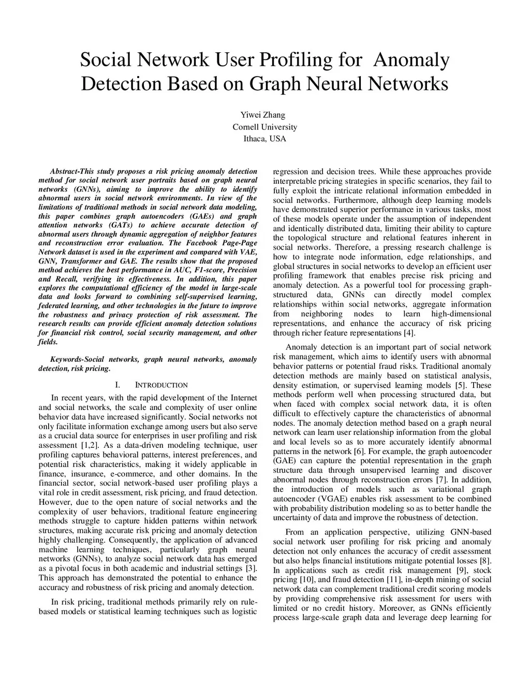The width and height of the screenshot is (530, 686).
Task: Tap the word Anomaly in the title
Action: [411, 61]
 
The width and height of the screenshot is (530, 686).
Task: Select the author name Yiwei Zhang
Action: [264, 115]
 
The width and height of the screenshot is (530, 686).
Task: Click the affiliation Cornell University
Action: [264, 127]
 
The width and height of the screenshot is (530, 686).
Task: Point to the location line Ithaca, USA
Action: [264, 139]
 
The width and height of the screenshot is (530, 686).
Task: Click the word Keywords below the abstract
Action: [66, 359]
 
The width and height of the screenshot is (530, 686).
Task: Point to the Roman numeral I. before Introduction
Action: [117, 385]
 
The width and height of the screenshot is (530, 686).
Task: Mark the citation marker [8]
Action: [485, 561]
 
